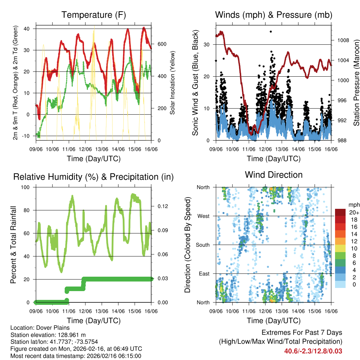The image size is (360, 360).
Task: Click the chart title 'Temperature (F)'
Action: coord(94,15)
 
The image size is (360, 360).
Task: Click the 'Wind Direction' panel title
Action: coord(274,174)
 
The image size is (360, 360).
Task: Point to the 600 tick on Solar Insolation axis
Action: coord(162,44)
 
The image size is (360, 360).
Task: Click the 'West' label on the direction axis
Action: coord(203,216)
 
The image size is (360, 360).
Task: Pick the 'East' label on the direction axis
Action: coord(204,274)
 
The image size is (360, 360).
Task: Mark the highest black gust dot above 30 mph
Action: coord(271,32)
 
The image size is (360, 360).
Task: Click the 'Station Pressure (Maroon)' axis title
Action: coord(356,83)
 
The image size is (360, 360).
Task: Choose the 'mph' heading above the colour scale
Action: coord(353,205)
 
